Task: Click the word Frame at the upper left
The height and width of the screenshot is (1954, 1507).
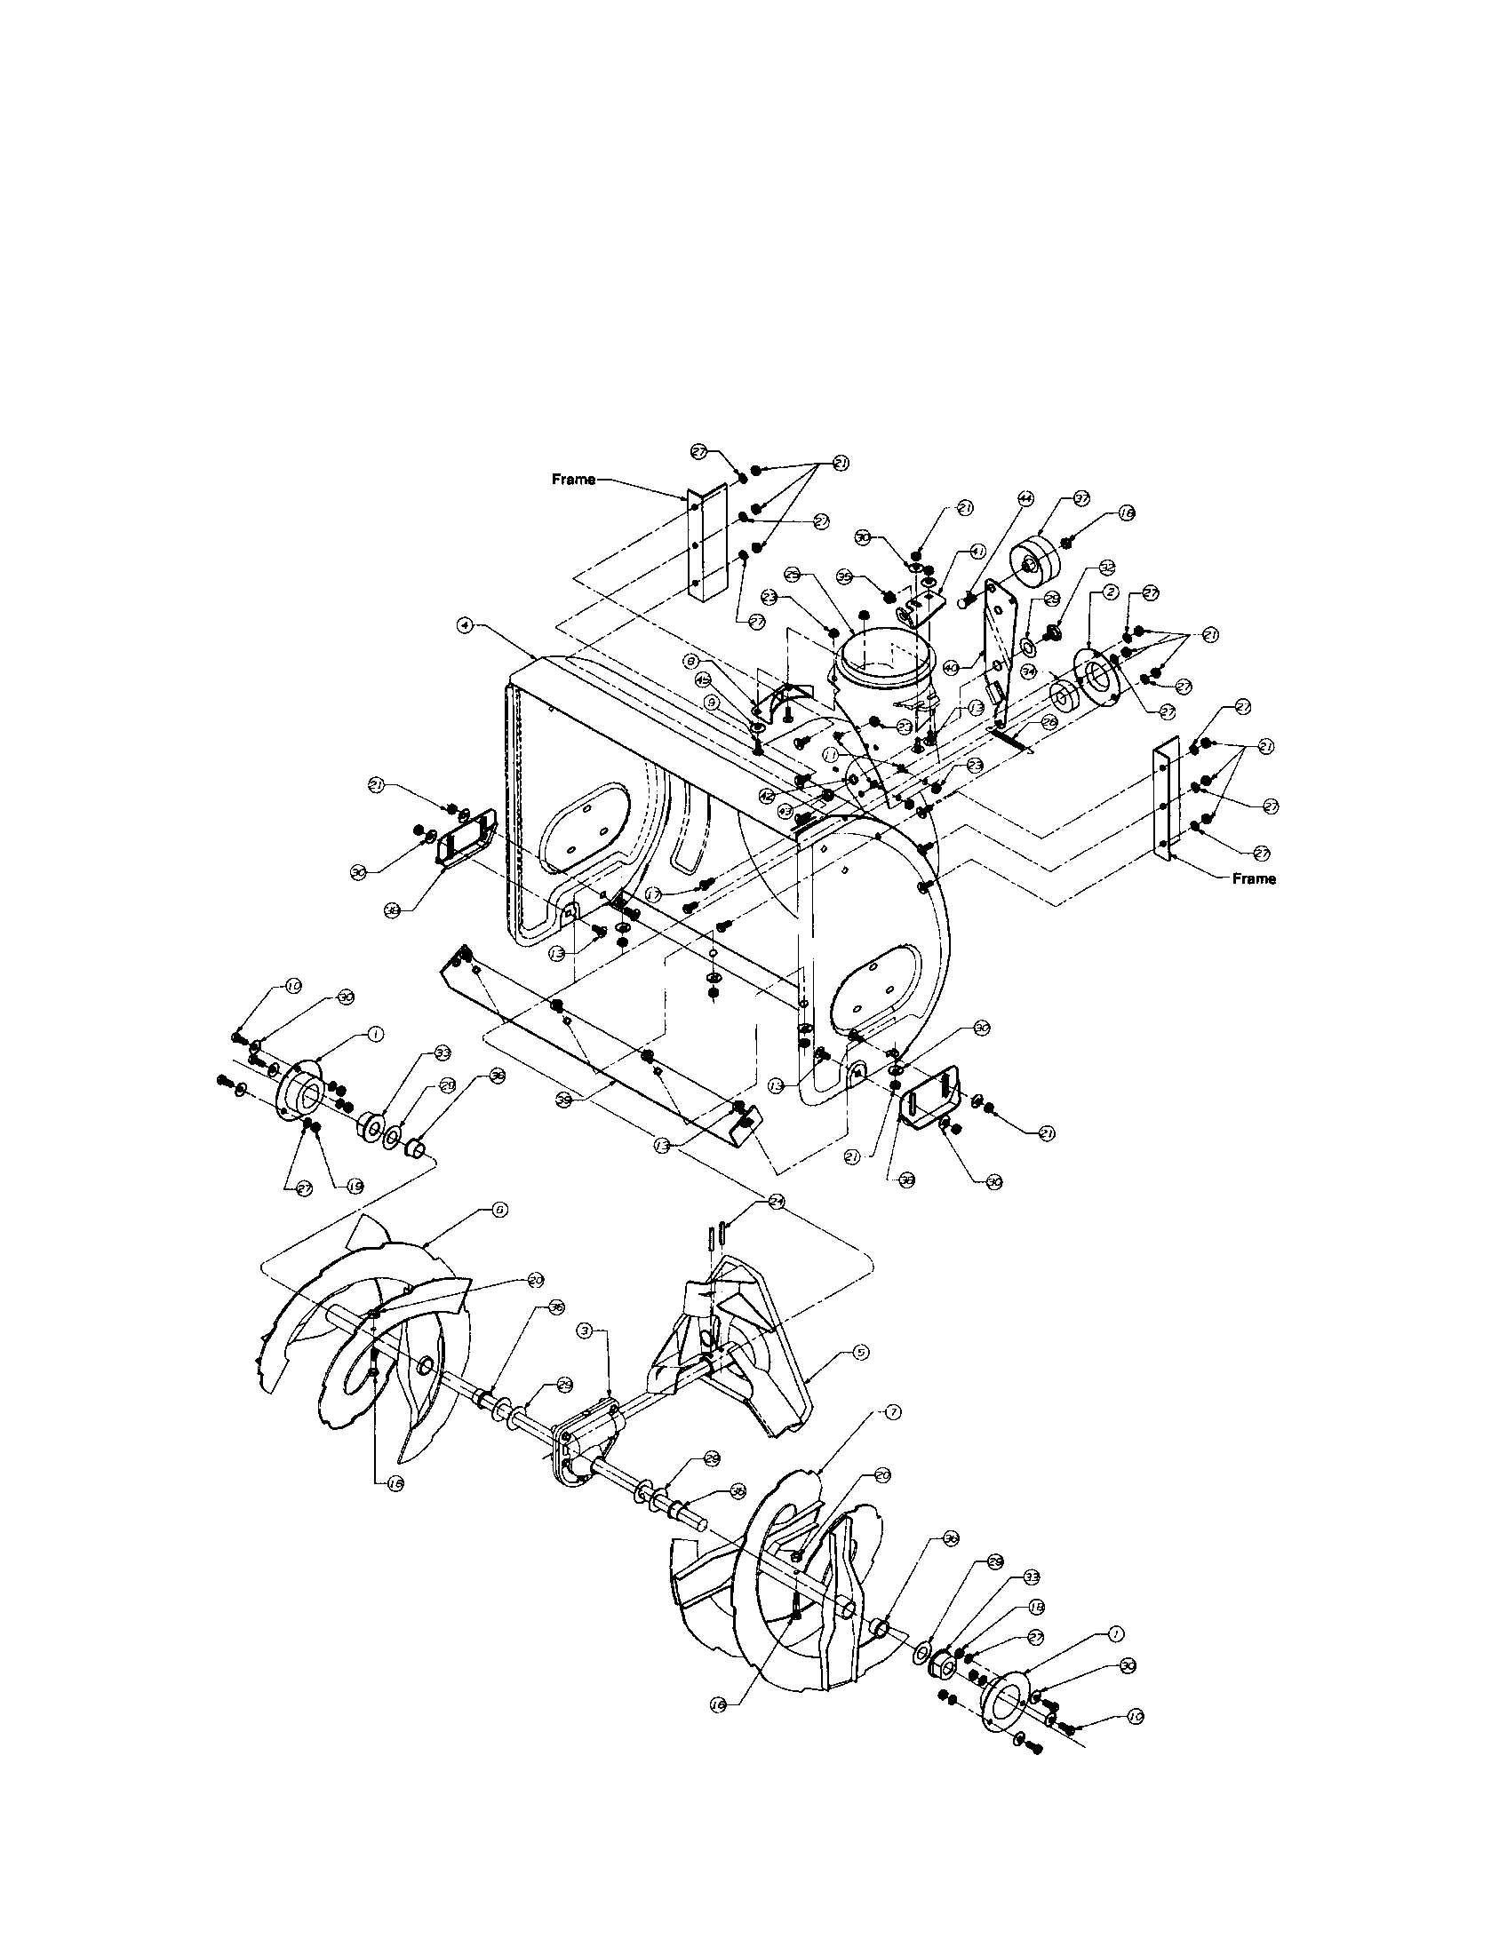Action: [x=573, y=480]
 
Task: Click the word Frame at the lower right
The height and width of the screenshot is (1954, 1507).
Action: [x=1254, y=878]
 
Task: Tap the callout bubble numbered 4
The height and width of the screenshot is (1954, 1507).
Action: [x=465, y=626]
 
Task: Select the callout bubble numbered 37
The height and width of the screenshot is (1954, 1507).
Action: [x=1081, y=498]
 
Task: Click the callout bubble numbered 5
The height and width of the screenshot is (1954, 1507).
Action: [x=860, y=1378]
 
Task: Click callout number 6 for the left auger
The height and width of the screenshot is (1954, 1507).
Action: [x=499, y=1210]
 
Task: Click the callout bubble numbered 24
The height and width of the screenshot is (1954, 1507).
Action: [x=777, y=1203]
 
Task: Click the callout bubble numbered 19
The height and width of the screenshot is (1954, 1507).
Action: [x=355, y=1187]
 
